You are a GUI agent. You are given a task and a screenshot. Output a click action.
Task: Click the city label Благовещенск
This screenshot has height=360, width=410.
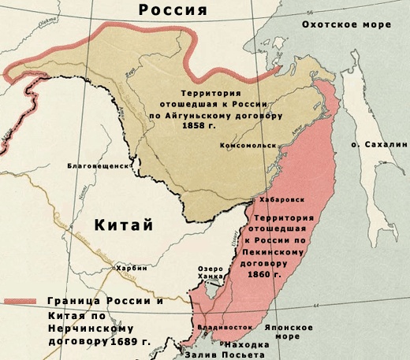click(97, 167)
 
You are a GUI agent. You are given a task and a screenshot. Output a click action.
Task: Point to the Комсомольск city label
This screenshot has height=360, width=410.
click(249, 147)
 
